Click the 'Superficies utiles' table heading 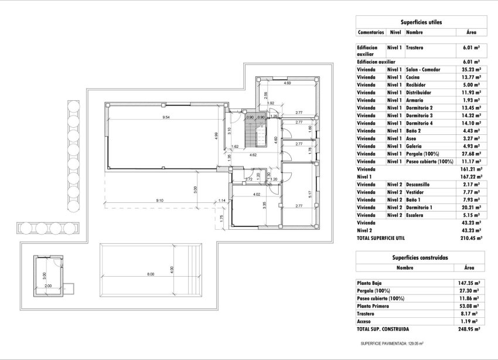pyautogui.click(x=421, y=22)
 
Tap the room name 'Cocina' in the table pyautogui.click(x=413, y=77)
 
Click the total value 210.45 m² pyautogui.click(x=470, y=239)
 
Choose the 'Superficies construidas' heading pyautogui.click(x=420, y=257)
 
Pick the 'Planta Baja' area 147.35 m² pyautogui.click(x=469, y=283)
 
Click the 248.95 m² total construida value pyautogui.click(x=469, y=329)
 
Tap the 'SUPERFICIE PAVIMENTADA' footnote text pyautogui.click(x=392, y=344)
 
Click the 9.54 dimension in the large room pyautogui.click(x=166, y=117)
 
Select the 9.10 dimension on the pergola pyautogui.click(x=159, y=201)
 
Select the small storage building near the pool pyautogui.click(x=49, y=273)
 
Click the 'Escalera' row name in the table pyautogui.click(x=414, y=215)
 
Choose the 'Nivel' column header pyautogui.click(x=395, y=32)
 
